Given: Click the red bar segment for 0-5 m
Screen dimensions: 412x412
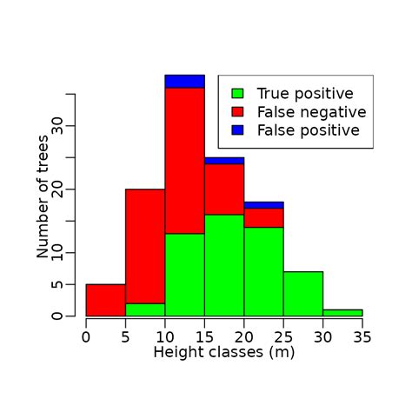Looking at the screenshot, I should click(105, 300).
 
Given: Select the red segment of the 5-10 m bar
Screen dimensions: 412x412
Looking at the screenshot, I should click(145, 246).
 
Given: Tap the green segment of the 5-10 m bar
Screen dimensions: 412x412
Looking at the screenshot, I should click(145, 309).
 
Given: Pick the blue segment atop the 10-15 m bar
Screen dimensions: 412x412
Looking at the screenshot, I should click(184, 82).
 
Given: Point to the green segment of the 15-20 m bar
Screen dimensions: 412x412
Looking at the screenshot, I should click(224, 265).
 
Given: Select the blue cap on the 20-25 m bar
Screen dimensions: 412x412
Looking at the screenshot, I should click(263, 205).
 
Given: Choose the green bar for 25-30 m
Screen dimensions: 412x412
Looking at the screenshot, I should click(302, 294).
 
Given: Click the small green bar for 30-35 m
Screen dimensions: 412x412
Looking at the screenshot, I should click(342, 313).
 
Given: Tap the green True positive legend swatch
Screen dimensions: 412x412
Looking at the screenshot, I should click(237, 93).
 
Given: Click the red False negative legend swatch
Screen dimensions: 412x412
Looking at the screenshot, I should click(237, 112).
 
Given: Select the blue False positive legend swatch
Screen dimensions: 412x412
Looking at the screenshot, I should click(237, 130).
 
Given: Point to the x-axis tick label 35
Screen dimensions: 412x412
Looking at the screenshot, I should click(362, 336).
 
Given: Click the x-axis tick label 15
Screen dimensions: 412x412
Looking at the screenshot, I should click(204, 336).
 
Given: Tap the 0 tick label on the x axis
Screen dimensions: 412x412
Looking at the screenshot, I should click(86, 336).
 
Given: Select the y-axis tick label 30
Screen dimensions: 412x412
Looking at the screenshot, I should click(57, 126).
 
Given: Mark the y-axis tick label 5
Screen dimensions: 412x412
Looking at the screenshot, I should click(57, 284).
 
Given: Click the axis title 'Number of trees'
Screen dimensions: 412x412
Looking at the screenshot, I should click(43, 200).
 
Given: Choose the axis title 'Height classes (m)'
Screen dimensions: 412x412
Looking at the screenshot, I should click(224, 353).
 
